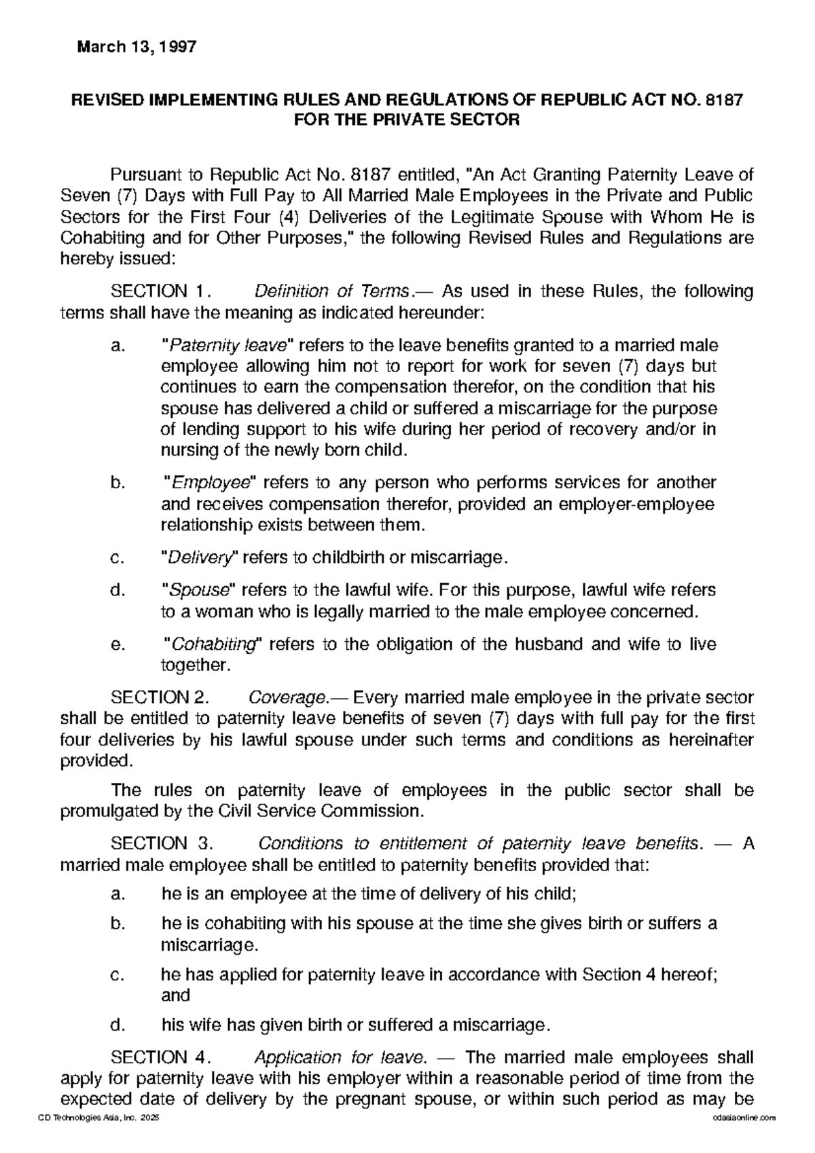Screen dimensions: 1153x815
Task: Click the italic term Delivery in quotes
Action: coord(198,558)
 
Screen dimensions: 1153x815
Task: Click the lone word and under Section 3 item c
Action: coord(175,995)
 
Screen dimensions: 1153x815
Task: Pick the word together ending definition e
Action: coord(194,665)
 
